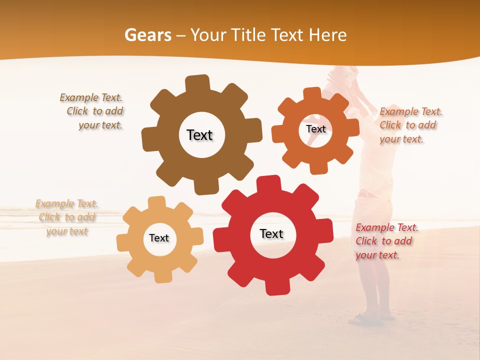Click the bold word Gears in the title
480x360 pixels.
147,35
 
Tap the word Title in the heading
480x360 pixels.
248,35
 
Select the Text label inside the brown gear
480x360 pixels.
199,135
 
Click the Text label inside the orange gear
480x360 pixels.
315,129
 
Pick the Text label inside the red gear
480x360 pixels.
271,233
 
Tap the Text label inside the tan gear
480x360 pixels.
159,238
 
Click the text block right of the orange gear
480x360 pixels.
410,125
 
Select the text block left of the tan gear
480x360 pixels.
66,217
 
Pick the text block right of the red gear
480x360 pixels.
386,241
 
